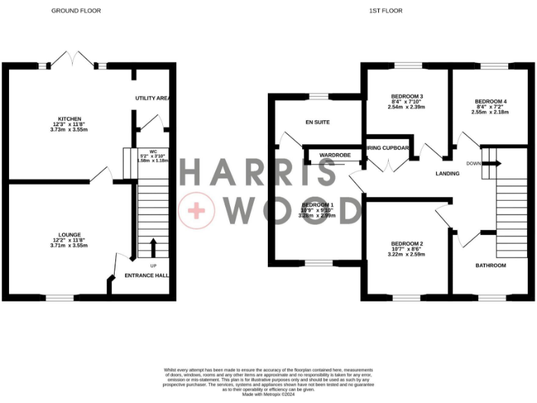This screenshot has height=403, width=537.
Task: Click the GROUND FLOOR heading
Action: coord(76,11)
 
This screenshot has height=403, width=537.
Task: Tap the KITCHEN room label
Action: coord(70,118)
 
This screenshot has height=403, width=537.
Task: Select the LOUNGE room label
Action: coord(69,234)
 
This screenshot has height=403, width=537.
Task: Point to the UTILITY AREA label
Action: coord(153,98)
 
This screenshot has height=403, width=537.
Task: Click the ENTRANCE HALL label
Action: coord(148,276)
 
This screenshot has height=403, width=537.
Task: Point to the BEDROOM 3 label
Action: coord(406,96)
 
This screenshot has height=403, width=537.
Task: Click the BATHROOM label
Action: coord(491,265)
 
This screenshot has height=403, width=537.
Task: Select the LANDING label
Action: coord(447,173)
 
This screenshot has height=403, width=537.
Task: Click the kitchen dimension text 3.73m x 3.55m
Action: coord(70,130)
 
